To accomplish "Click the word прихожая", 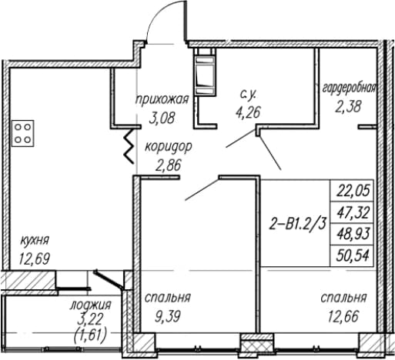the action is (x=162, y=100).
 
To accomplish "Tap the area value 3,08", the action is (x=162, y=119).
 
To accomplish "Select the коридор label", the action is (x=169, y=147).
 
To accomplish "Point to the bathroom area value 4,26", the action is (x=248, y=112).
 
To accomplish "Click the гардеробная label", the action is (x=349, y=88).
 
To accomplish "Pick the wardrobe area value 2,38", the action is (x=348, y=106).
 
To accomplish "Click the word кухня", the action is (x=35, y=241).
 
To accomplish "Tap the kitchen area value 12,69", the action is (x=34, y=258).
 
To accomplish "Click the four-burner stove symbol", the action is (x=23, y=133).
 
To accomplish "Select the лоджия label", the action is (x=90, y=305).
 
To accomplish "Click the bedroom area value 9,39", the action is (x=168, y=317).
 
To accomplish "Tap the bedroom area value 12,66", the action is (x=343, y=316).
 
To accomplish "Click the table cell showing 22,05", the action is (x=351, y=191).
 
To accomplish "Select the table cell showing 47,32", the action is (x=351, y=213).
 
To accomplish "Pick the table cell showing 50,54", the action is (x=351, y=255).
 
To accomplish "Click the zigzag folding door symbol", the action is (x=129, y=145).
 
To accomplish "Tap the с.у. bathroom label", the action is (x=248, y=95).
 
